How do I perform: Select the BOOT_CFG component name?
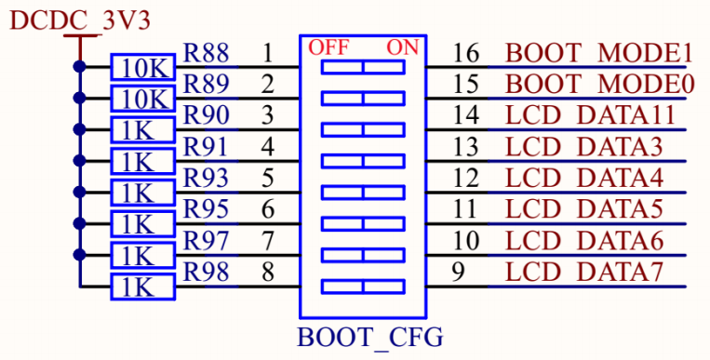pos(370,336)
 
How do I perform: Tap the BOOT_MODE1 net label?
pos(599,52)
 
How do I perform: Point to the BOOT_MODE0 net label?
pos(599,84)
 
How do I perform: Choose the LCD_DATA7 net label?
pos(584,273)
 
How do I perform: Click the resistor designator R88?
pos(206,52)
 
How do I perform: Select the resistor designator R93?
pos(206,178)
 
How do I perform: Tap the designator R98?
pos(206,273)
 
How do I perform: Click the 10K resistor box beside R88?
pos(141,68)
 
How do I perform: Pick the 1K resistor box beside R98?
pos(141,287)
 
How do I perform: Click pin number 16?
pos(466,52)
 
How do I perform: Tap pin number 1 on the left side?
pos(268,52)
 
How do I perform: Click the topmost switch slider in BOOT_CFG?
pos(363,67)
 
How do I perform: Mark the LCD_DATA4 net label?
pos(584,178)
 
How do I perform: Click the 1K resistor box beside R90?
pos(141,130)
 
